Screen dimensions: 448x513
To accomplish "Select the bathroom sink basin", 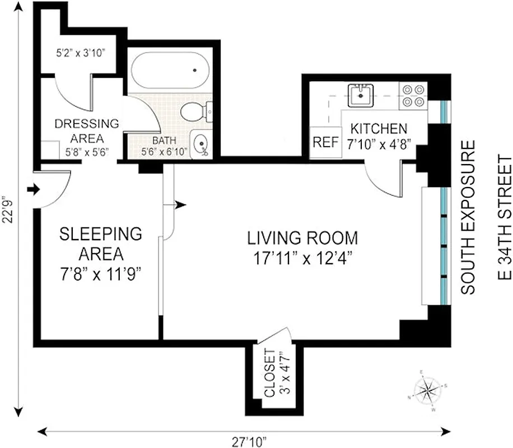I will point(199,145).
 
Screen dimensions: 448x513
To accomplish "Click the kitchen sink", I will point(359,95).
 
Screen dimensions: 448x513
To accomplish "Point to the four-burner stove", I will point(413,96).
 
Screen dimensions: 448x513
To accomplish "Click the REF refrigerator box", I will point(325,142).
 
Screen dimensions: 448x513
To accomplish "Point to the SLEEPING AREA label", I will point(92,243).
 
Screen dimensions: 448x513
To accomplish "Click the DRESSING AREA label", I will point(87,130).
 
